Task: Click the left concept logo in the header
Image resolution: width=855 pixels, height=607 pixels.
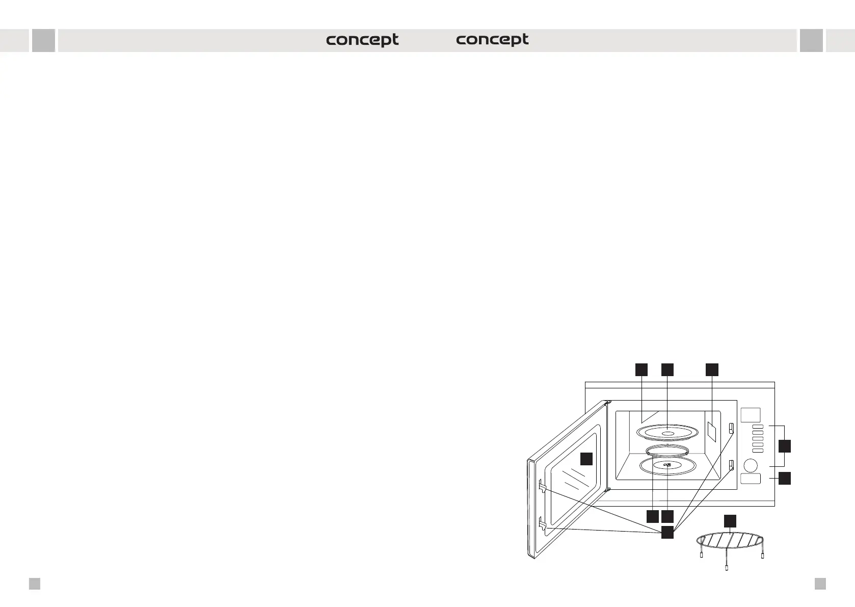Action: click(362, 40)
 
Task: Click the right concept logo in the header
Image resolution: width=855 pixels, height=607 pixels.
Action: click(492, 40)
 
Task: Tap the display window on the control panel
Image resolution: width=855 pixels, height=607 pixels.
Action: click(751, 415)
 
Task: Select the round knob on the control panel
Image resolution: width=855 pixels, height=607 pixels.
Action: click(750, 465)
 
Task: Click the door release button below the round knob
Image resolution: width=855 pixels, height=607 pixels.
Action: click(750, 479)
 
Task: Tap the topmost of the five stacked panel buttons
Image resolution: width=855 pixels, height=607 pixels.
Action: click(758, 427)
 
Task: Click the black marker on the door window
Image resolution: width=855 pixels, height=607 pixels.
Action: click(587, 458)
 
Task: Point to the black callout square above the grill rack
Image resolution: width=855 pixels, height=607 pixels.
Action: click(730, 520)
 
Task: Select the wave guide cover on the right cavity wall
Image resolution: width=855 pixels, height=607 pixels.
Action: click(712, 431)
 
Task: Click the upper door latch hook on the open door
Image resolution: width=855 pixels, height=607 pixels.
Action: click(543, 488)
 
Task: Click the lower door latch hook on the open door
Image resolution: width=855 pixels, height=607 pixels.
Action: click(543, 524)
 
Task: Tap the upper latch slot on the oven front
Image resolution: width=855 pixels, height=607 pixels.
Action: click(732, 428)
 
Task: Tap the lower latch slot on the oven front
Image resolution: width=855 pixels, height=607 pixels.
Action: click(732, 464)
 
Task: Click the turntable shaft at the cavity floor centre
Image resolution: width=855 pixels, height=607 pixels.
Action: click(667, 464)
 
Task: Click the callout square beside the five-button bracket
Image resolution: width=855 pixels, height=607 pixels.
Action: click(785, 446)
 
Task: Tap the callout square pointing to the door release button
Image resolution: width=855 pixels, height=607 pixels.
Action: click(785, 478)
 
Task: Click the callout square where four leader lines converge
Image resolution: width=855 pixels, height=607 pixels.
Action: click(667, 533)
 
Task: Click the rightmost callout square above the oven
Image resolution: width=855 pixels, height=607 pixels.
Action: click(712, 370)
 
